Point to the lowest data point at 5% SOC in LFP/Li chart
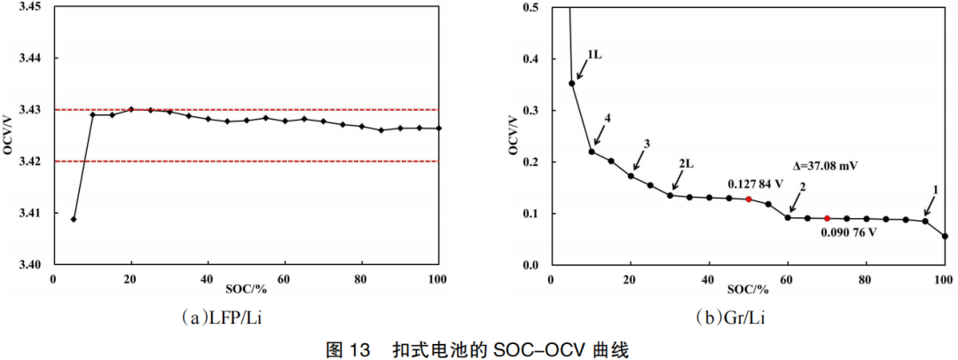click(74, 219)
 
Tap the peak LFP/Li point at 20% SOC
click(131, 109)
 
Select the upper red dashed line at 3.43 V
click(266, 110)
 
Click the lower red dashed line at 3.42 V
click(266, 161)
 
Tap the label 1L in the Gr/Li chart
click(594, 55)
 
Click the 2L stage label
click(687, 164)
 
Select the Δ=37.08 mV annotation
click(825, 166)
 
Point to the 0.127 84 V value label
click(754, 183)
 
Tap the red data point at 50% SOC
click(749, 200)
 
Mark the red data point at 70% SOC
click(827, 218)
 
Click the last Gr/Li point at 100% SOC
click(945, 236)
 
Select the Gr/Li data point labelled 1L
click(572, 83)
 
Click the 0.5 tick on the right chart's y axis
click(532, 7)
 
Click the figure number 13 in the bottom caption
click(359, 350)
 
